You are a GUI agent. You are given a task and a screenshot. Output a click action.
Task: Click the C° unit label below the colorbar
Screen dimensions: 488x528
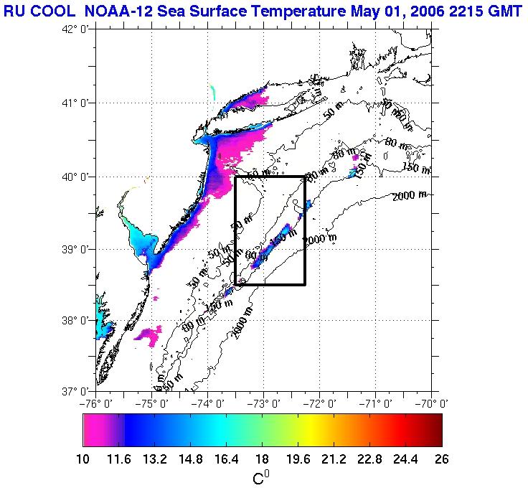click(261, 477)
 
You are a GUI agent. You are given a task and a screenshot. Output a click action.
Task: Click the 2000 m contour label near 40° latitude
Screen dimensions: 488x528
click(408, 195)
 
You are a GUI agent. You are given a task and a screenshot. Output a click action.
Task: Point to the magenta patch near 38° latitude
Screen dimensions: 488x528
click(150, 334)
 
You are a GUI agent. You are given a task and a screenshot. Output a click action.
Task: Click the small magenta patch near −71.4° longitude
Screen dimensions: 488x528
click(355, 157)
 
